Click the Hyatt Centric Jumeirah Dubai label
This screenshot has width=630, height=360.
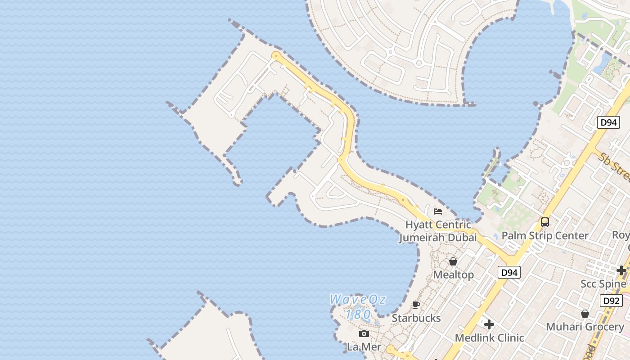438,231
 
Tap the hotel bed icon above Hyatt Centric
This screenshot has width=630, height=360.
438,211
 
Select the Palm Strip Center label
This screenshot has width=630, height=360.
544,235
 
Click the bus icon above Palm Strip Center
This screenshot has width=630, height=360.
544,222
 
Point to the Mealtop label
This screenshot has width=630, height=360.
453,274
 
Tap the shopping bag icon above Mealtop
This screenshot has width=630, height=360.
453,261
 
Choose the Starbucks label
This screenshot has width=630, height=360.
416,318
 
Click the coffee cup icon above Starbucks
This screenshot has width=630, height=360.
416,305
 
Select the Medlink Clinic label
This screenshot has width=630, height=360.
489,337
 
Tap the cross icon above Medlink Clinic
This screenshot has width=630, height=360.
489,324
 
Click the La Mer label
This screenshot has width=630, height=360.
364,347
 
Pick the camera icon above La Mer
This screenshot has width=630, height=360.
364,333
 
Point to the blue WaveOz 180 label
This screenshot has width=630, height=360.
358,306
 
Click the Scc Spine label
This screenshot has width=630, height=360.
603,283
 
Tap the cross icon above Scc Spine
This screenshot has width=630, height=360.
621,270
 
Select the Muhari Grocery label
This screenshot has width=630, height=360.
585,326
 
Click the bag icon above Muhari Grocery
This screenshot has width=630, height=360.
585,313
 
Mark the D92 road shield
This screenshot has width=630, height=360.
611,301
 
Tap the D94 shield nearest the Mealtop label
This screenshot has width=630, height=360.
509,272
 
